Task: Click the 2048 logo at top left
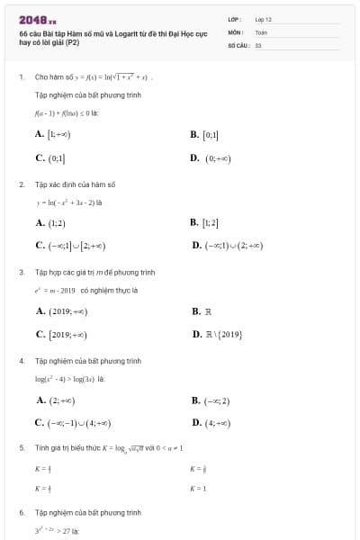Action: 39,19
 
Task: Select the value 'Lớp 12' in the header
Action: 263,19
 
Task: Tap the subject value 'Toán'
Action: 261,31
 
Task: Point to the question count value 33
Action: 258,44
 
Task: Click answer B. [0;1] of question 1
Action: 205,134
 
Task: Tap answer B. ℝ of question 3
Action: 202,310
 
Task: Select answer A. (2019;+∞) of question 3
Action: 61,310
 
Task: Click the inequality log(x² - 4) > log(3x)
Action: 70,379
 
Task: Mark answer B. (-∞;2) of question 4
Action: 211,400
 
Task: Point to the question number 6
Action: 21,512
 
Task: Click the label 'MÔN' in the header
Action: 236,31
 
